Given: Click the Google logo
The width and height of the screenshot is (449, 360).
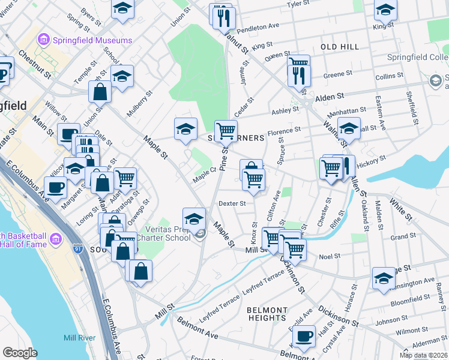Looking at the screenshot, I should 20,353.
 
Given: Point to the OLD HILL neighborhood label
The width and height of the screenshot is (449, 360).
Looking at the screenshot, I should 340,47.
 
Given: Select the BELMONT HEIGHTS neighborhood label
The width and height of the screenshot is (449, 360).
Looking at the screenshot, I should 267,314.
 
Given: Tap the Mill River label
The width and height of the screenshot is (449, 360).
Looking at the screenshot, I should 79,338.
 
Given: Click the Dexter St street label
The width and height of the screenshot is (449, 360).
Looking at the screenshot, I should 232,203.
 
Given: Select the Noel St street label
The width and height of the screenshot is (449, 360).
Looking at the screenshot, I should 330,256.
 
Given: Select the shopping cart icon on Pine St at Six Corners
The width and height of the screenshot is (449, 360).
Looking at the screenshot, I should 226,131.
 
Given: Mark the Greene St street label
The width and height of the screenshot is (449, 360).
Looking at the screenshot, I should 337,75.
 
